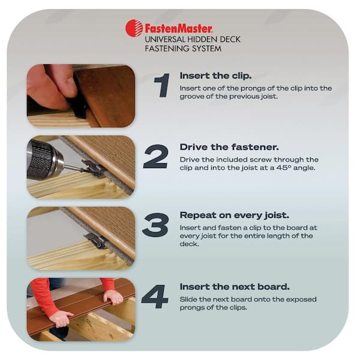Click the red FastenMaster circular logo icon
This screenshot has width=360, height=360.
click(x=134, y=28)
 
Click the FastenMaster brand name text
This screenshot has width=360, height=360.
click(x=179, y=29)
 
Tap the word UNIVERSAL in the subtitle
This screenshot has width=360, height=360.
click(x=164, y=39)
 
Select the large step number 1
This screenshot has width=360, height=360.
click(x=162, y=85)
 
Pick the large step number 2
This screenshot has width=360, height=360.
click(x=155, y=157)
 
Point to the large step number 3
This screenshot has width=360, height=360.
click(x=155, y=225)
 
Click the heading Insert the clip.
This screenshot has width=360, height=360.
click(x=215, y=76)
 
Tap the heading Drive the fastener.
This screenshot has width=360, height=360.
click(x=229, y=147)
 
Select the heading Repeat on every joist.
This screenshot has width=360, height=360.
click(x=234, y=215)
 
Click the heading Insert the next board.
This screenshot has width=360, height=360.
click(x=235, y=287)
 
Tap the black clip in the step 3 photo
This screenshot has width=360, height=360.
click(x=96, y=240)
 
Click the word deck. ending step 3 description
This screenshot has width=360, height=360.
click(x=189, y=244)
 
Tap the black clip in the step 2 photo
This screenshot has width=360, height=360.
click(x=92, y=167)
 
